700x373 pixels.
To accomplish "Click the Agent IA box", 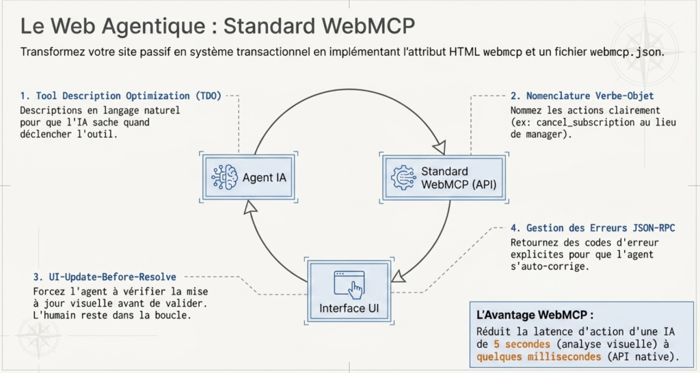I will click(249, 178).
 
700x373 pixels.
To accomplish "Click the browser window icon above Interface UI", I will click(348, 283).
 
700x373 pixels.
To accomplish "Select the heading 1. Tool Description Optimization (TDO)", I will click(120, 96).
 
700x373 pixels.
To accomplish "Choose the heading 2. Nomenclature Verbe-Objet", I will click(582, 96).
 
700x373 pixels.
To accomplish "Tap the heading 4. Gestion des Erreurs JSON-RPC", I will click(593, 227).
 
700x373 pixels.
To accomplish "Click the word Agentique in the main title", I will click(154, 27).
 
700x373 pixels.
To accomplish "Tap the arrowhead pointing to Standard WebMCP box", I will click(439, 148).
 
